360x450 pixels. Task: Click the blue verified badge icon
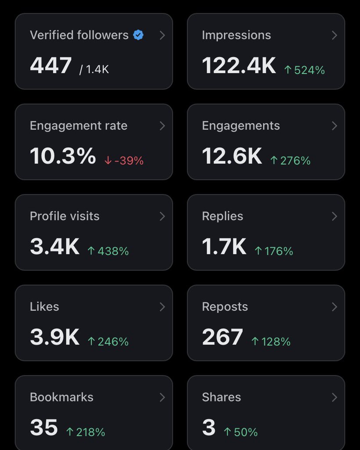(138, 35)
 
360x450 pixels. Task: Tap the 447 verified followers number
(51, 65)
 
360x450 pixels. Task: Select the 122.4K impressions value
(239, 65)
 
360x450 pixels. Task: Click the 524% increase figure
(304, 70)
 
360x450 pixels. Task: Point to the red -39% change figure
(124, 160)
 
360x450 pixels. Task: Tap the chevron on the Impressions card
(334, 35)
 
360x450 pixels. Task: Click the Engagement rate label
(79, 126)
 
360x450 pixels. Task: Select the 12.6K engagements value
(232, 156)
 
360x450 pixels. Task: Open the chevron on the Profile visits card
(162, 216)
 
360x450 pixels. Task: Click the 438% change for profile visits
(108, 251)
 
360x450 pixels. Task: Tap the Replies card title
(223, 216)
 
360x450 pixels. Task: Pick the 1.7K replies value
(224, 247)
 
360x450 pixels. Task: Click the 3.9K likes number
(54, 337)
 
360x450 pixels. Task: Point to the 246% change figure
(108, 341)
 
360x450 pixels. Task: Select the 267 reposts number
(223, 337)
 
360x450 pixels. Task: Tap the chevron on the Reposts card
(334, 307)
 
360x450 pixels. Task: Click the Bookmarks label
(61, 397)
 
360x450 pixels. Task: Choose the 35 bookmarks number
(44, 427)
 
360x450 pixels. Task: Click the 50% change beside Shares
(241, 432)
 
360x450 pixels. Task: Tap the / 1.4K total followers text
(94, 69)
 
